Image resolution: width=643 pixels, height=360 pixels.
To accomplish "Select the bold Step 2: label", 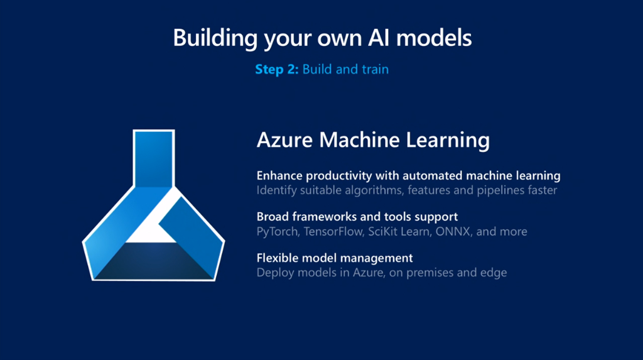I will click(277, 69).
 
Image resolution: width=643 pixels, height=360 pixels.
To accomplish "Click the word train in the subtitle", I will click(375, 69).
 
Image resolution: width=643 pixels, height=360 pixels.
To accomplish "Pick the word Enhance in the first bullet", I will click(279, 175).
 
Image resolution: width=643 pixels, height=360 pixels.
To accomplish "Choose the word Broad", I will click(273, 217).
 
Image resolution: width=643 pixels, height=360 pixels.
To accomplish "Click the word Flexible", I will click(277, 258).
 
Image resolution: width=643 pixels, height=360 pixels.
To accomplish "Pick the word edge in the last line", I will click(494, 273).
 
